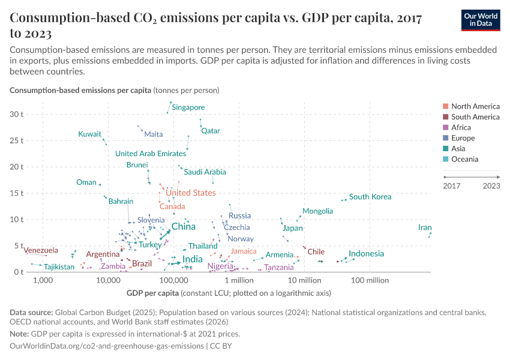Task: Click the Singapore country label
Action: coord(188,107)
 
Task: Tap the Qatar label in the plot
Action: coord(211,131)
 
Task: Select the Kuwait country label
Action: coord(89,134)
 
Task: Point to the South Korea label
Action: coord(370,197)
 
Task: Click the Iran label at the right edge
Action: coord(425,227)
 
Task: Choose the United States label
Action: coord(190,193)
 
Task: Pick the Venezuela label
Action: coord(41,250)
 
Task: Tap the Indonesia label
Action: coord(366,254)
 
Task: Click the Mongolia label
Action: coord(317,211)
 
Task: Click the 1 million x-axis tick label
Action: coord(239,280)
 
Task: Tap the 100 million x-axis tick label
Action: coord(370,280)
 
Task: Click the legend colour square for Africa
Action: coord(446,128)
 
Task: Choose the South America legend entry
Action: coord(475,117)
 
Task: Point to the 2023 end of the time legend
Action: coord(491,185)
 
